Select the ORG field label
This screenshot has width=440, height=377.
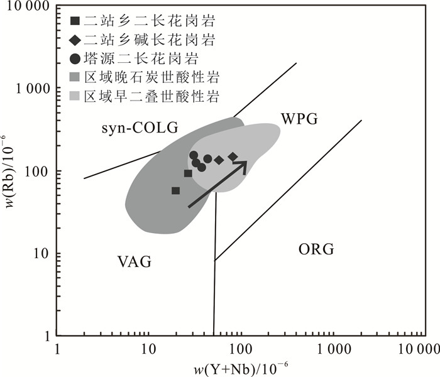316,249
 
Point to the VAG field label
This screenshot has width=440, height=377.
135,261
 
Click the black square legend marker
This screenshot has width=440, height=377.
75,23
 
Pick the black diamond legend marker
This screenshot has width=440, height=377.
75,41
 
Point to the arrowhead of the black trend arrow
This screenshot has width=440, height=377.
244,163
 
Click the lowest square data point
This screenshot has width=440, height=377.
175,190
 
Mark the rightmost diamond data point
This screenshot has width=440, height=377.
233,156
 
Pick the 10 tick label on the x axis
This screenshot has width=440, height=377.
148,349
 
